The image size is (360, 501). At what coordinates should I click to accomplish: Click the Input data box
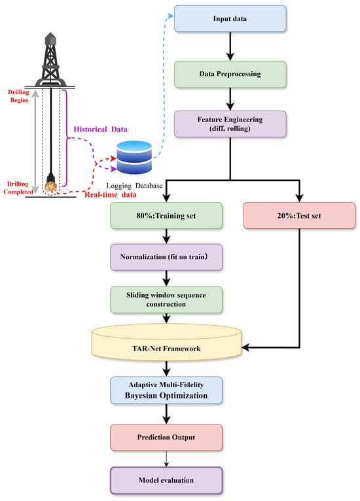click(x=230, y=18)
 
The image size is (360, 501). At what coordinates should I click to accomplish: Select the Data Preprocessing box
click(x=230, y=74)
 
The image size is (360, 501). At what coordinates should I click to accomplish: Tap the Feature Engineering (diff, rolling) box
click(x=230, y=124)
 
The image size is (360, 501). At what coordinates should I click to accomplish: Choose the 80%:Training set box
click(x=166, y=216)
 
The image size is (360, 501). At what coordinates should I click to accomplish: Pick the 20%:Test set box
click(x=299, y=216)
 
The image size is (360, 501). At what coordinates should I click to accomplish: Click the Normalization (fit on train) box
click(x=166, y=257)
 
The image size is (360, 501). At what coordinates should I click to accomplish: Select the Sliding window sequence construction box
click(x=166, y=300)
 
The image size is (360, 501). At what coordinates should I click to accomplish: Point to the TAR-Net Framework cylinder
click(x=166, y=343)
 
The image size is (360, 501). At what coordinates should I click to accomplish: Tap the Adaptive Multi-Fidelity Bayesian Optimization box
click(x=166, y=390)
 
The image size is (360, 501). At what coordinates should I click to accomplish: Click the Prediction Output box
click(x=166, y=438)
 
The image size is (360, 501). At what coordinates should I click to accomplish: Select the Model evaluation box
click(x=166, y=481)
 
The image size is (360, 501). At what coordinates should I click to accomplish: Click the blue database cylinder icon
click(x=134, y=157)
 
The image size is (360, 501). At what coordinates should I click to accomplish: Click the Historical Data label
click(x=100, y=130)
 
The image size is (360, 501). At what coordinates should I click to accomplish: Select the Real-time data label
click(x=111, y=195)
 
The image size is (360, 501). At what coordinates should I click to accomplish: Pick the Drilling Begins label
click(x=19, y=96)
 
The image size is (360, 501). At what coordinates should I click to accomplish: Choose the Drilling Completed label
click(x=18, y=188)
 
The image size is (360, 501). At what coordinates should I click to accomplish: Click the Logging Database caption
click(x=134, y=186)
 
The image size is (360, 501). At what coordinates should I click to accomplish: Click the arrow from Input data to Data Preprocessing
click(x=230, y=46)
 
